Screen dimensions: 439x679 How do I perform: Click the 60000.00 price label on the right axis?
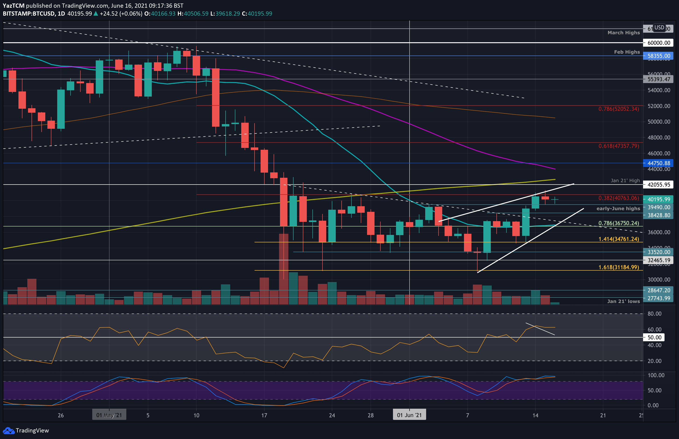click(x=658, y=43)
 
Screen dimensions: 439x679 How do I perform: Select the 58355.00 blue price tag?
click(x=658, y=56)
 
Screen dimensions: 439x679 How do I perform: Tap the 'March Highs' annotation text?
click(x=624, y=33)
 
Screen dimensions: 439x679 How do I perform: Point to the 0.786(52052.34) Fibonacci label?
click(x=619, y=109)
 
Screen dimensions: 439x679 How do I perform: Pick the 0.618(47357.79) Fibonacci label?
click(x=619, y=146)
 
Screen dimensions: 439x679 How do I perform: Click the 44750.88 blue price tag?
click(x=658, y=163)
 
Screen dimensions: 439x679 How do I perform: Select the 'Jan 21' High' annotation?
click(x=625, y=181)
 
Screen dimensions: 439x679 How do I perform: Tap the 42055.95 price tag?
click(x=658, y=185)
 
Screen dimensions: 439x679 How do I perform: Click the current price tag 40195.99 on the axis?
click(x=658, y=199)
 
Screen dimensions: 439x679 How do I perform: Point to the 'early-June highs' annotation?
click(x=618, y=209)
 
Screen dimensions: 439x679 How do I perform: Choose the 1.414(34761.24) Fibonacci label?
click(x=619, y=239)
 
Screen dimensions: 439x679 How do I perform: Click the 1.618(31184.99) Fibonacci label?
click(x=619, y=267)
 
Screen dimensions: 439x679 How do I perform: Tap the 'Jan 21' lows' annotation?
click(x=623, y=301)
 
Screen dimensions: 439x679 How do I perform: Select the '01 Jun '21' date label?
click(x=409, y=415)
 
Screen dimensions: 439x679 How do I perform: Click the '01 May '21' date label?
click(x=109, y=415)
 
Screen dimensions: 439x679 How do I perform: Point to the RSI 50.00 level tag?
click(x=654, y=338)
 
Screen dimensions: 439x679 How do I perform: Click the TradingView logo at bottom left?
click(x=26, y=430)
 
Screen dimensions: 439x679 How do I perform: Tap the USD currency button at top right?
click(x=659, y=28)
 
